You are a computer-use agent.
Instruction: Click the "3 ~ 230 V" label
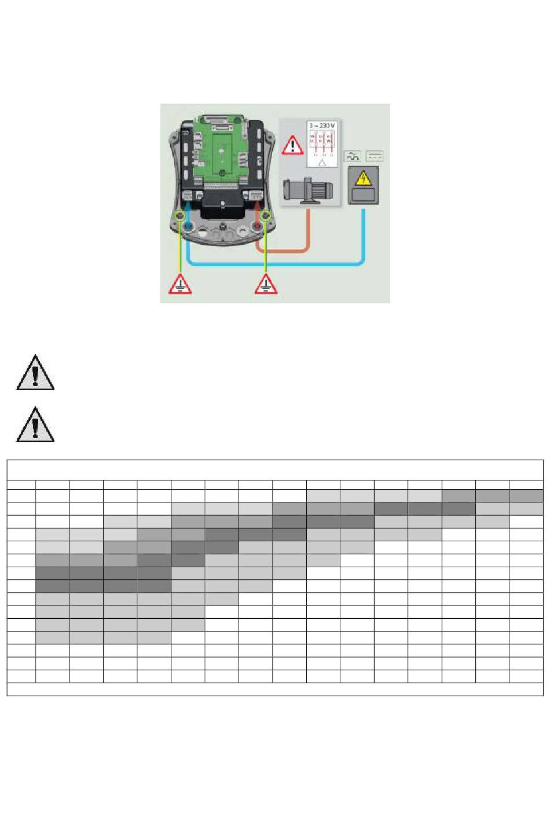point(322,125)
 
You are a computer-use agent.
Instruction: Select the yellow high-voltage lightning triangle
point(363,179)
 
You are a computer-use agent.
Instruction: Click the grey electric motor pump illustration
point(307,191)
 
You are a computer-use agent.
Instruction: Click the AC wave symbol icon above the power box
point(353,156)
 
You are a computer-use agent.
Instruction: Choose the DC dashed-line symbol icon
point(375,156)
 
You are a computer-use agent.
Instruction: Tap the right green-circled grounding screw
point(266,216)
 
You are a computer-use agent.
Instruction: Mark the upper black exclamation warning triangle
point(35,373)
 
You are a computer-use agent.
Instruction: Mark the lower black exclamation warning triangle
point(35,425)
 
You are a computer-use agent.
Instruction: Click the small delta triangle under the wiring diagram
point(322,163)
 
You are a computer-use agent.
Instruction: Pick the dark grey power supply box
point(363,185)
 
